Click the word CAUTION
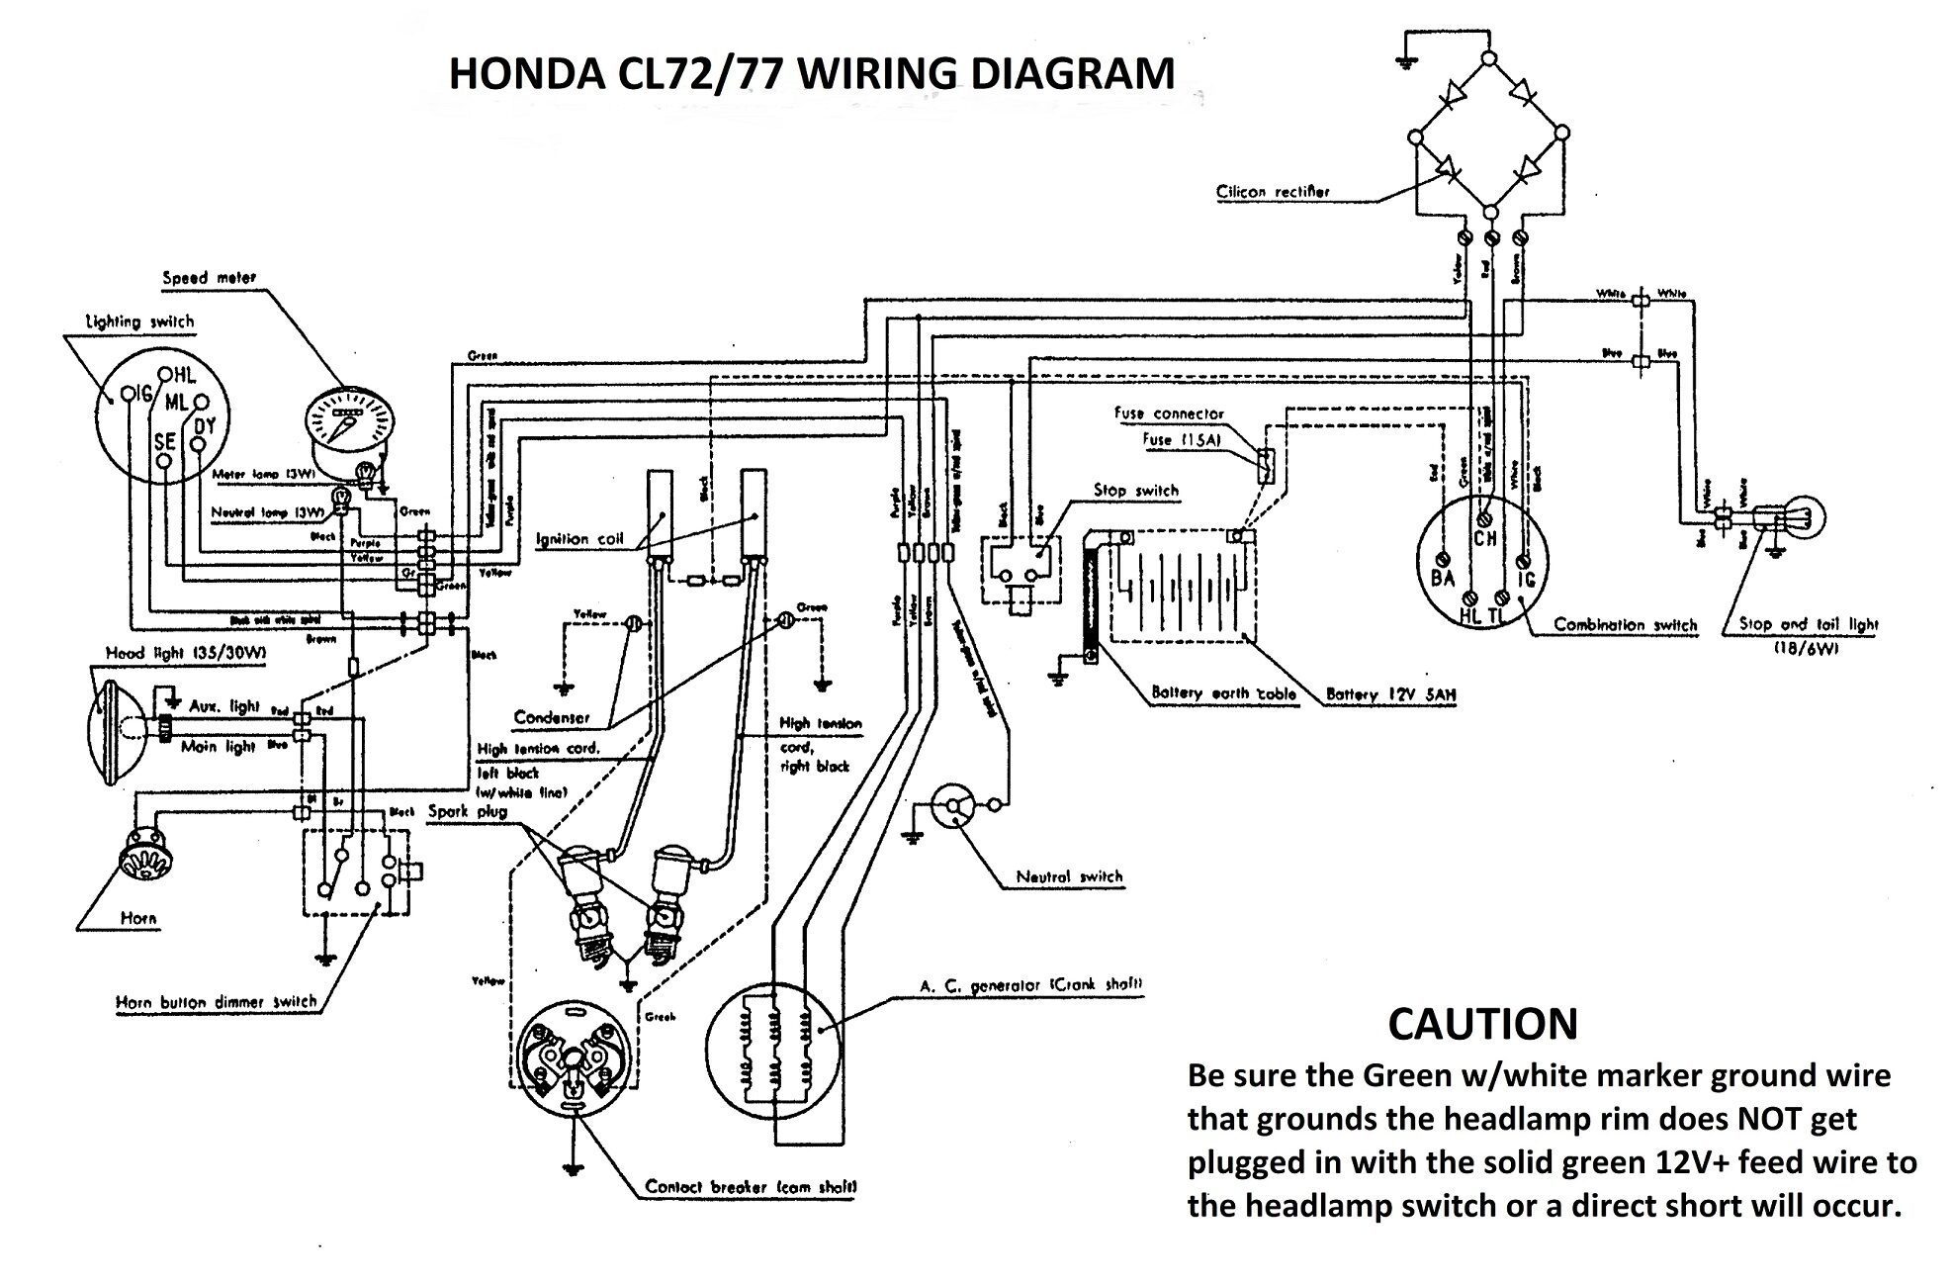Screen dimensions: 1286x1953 pos(1482,1025)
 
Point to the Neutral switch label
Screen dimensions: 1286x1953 pos(1069,876)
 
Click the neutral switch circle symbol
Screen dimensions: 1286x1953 pos(954,806)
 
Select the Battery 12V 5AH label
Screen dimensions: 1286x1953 pos(1391,695)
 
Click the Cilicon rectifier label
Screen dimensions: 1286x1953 pos(1273,192)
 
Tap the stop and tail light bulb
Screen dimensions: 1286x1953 pos(1803,518)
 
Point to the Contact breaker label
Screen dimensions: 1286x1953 pos(751,1187)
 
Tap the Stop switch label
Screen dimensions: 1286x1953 pos(1136,491)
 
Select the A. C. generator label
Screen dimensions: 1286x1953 pos(1030,985)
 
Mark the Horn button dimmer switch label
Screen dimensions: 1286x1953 pos(217,1002)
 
